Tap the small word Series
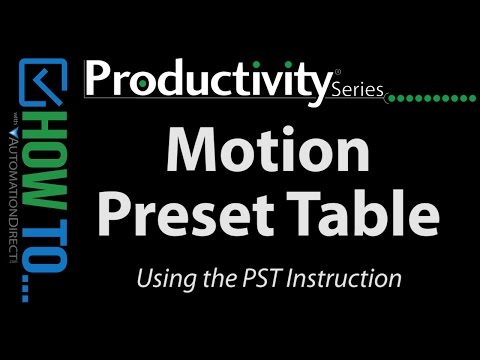[356, 90]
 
